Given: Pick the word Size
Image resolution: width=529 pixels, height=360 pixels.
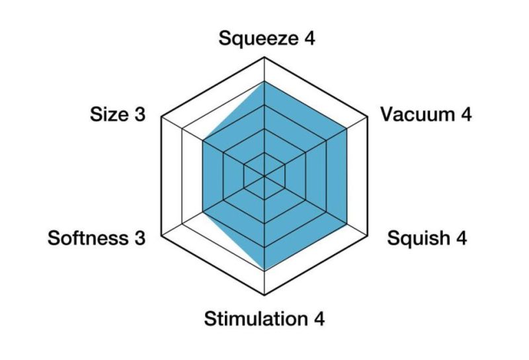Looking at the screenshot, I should [110, 114].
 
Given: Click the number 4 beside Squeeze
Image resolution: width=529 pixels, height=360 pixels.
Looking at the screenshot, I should [308, 38].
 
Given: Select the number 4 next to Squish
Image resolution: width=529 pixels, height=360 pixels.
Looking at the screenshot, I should [460, 238].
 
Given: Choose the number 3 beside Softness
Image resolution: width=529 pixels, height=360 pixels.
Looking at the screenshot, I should [139, 238].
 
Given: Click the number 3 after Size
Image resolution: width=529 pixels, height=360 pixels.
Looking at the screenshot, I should [140, 114].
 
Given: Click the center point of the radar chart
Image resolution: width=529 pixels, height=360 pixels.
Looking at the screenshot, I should [264, 176].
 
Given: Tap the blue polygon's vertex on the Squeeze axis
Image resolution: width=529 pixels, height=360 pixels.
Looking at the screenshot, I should [264, 81].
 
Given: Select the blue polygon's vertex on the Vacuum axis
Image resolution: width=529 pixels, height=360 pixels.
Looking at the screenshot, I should [346, 128].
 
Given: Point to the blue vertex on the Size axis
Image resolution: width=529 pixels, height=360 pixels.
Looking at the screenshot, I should [203, 140].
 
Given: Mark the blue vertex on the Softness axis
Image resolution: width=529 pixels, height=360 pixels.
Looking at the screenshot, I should [203, 212].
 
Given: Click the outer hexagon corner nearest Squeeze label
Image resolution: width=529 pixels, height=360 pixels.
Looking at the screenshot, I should [264, 58].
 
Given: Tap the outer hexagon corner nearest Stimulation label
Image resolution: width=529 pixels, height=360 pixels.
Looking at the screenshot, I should [264, 294].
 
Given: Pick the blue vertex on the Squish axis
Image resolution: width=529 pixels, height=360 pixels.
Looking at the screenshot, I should [346, 224].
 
